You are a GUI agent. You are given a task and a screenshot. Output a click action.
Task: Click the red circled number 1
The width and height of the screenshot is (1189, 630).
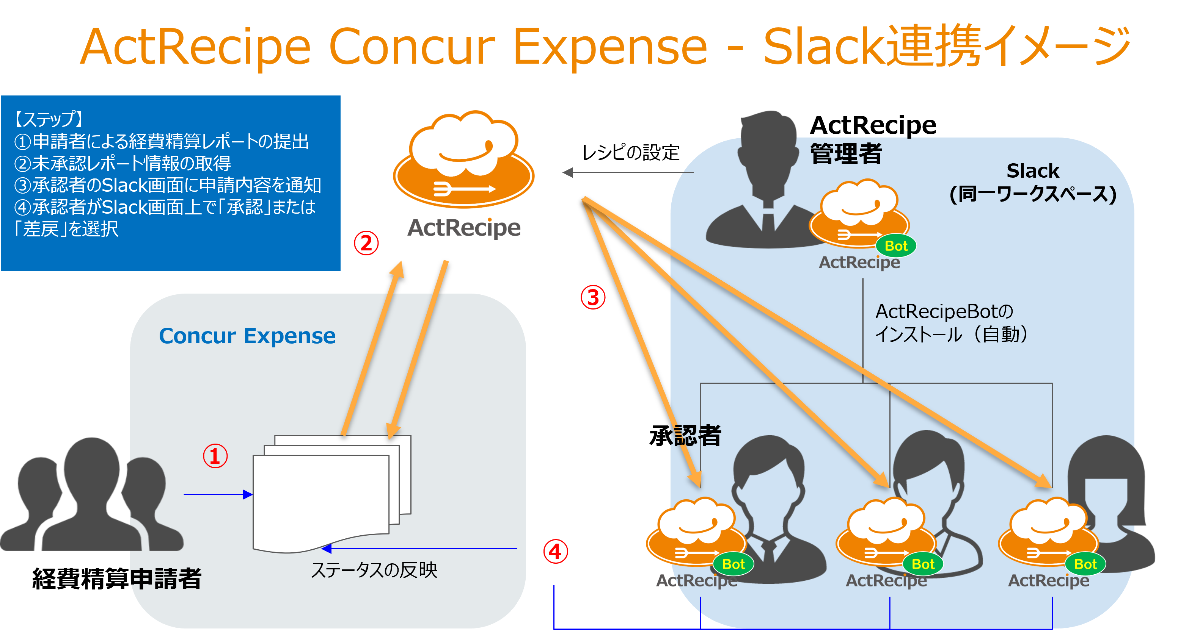215,456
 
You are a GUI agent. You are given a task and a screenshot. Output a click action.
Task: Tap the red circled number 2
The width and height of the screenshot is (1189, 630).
366,243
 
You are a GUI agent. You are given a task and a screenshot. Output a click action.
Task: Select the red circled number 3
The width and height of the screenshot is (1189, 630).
593,297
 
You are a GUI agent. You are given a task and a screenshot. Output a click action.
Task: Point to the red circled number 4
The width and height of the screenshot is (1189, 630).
555,552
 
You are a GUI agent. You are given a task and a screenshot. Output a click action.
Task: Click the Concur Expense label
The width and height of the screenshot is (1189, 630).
247,336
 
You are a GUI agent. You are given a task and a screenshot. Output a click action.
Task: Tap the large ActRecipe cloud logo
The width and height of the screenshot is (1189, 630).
463,159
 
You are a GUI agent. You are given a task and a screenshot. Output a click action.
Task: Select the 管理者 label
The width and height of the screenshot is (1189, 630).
846,153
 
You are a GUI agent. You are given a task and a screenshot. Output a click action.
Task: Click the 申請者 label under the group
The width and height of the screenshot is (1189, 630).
166,578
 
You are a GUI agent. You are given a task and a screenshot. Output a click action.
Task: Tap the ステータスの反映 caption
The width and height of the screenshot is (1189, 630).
374,570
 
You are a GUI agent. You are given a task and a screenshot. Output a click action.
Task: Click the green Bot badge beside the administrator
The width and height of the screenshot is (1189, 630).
896,246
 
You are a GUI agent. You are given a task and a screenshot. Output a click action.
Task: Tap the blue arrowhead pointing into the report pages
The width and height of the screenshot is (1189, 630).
248,495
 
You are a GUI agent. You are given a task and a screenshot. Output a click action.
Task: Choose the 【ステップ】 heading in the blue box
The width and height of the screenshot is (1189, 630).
49,119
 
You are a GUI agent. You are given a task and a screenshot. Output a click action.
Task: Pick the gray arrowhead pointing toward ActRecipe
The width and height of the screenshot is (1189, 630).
568,172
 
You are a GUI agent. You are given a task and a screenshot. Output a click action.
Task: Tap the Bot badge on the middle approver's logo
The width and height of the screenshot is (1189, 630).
923,564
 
